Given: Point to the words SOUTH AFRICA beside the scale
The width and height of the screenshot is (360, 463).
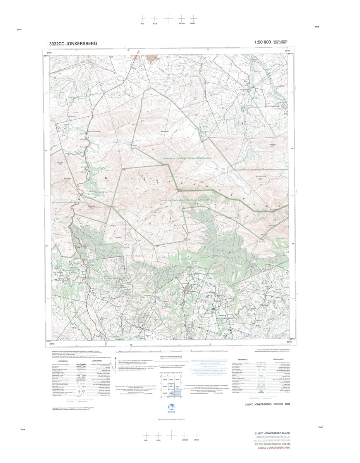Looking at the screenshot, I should (280, 41).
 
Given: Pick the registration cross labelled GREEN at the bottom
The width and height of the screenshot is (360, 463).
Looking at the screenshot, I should (196, 435).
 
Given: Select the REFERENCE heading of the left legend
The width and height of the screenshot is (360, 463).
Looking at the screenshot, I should (63, 361).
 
